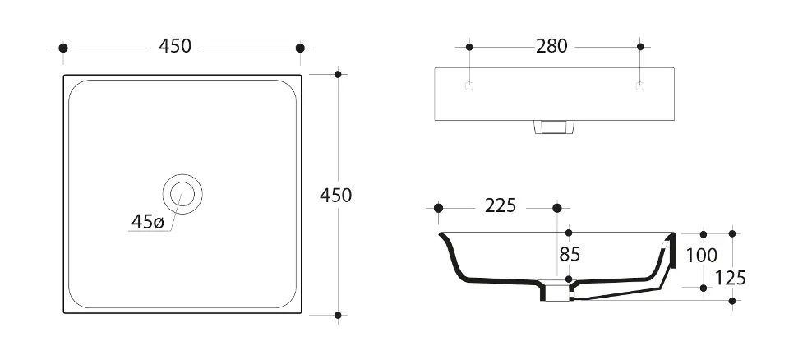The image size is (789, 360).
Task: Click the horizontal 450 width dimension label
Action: point(175,46)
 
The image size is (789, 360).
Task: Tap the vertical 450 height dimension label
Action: point(335,196)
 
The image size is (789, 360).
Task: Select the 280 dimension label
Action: point(551,46)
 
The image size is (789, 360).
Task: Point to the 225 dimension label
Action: point(501,205)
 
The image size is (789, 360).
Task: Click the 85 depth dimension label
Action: point(570,255)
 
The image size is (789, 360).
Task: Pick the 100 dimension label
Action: point(702,256)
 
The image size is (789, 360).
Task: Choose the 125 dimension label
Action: point(731,278)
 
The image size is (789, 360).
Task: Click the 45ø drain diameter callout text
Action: point(147,222)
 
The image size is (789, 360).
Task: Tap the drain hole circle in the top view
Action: point(182,194)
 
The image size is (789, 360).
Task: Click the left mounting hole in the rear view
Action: point(469,86)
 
